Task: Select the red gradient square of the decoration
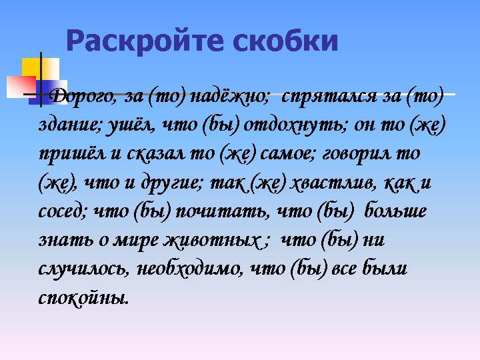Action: click(x=21, y=87)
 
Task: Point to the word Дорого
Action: click(x=83, y=97)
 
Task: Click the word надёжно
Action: click(x=229, y=97)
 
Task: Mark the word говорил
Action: click(x=356, y=154)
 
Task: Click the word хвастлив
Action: click(x=333, y=183)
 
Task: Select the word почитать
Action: click(x=223, y=212)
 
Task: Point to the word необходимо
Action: click(x=190, y=269)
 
